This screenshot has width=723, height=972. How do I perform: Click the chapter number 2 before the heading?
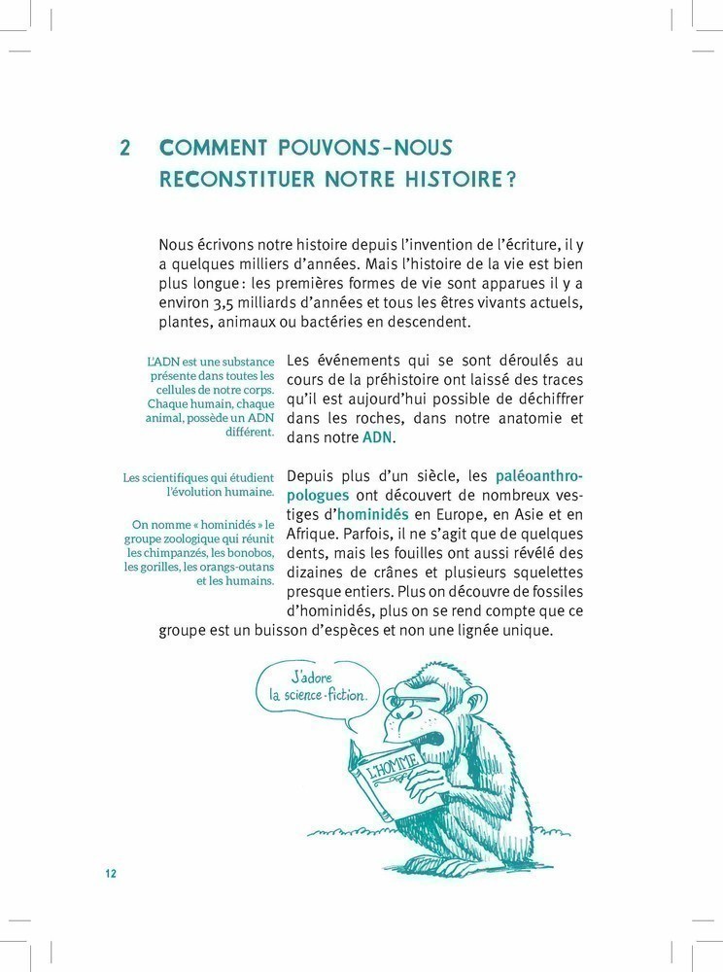coord(125,148)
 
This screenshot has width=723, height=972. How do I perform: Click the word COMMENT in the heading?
coord(208,148)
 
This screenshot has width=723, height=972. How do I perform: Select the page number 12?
coord(111,873)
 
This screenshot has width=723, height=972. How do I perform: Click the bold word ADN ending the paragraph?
coord(379,437)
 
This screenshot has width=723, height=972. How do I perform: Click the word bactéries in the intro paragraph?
coord(357,322)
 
